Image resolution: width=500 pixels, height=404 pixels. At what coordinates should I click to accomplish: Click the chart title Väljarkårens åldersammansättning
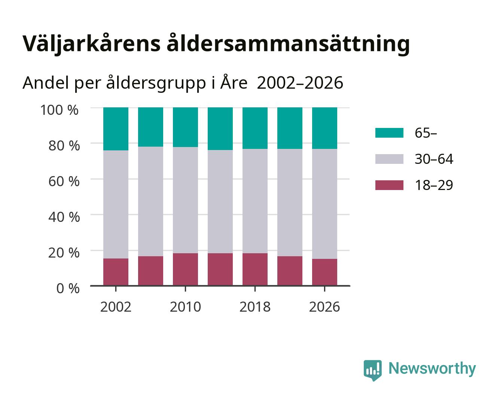[216, 45]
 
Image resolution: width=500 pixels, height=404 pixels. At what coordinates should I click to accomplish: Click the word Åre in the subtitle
[234, 83]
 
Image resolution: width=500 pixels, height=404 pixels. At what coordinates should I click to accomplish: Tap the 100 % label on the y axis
[60, 110]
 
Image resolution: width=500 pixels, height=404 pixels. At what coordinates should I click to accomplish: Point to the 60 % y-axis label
[64, 181]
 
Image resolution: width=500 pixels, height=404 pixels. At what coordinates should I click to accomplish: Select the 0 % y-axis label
[68, 288]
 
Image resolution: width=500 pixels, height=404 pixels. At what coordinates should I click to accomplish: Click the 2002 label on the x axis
[116, 307]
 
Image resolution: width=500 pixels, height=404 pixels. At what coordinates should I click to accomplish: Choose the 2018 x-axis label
[255, 307]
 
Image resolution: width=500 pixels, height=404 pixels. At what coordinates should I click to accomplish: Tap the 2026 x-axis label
[324, 307]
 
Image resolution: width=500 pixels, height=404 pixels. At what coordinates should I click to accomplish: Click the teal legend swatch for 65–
[389, 133]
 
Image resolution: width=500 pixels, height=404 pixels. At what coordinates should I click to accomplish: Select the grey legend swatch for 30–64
[389, 159]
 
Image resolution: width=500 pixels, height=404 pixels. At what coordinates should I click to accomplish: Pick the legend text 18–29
[434, 185]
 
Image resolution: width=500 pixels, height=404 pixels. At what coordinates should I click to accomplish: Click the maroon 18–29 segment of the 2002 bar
[116, 272]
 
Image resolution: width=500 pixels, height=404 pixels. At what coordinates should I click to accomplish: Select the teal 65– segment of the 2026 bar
[324, 128]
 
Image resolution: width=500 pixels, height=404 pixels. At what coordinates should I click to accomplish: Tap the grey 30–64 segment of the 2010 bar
[186, 200]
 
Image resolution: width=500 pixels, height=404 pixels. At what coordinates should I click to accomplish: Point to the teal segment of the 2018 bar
[255, 128]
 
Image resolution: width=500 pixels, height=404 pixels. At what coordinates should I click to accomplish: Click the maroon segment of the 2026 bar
[324, 272]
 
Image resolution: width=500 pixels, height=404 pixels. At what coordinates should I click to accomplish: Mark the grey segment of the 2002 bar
[116, 204]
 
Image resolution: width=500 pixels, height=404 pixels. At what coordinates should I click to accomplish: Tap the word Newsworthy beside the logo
[432, 369]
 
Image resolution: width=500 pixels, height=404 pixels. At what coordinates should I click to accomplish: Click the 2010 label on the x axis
[186, 307]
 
